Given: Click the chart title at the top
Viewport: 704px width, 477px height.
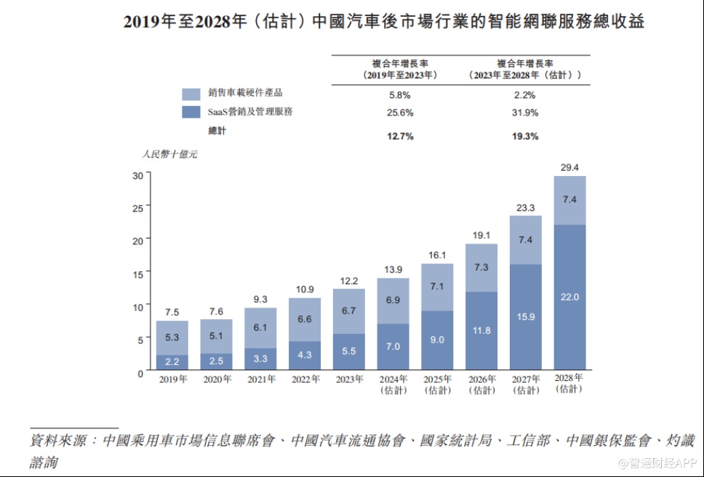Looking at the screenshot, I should pyautogui.click(x=384, y=22).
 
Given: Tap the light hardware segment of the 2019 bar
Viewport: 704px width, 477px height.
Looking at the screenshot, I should pyautogui.click(x=172, y=337).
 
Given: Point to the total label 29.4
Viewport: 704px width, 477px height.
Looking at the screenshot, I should pyautogui.click(x=569, y=167).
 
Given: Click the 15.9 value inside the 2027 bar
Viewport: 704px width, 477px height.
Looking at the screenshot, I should pyautogui.click(x=525, y=316).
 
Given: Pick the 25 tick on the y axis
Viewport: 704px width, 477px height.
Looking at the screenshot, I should pyautogui.click(x=137, y=207).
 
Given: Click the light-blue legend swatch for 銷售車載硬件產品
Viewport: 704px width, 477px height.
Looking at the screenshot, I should pyautogui.click(x=191, y=94).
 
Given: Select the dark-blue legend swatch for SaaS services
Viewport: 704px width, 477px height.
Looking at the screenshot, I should pyautogui.click(x=191, y=112).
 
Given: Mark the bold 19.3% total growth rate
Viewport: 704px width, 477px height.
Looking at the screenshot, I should pyautogui.click(x=525, y=136).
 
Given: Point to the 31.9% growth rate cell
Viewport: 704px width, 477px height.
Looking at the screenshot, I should pyautogui.click(x=525, y=113).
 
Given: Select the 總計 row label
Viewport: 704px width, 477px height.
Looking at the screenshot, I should pyautogui.click(x=217, y=131).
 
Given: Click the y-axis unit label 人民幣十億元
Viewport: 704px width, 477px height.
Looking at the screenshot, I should pyautogui.click(x=169, y=154).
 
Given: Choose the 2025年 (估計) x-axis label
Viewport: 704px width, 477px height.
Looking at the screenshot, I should pyautogui.click(x=437, y=384).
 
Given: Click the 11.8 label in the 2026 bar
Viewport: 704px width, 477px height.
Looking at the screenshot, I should pyautogui.click(x=481, y=331).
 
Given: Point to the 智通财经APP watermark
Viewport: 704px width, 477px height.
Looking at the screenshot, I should pyautogui.click(x=658, y=462).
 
